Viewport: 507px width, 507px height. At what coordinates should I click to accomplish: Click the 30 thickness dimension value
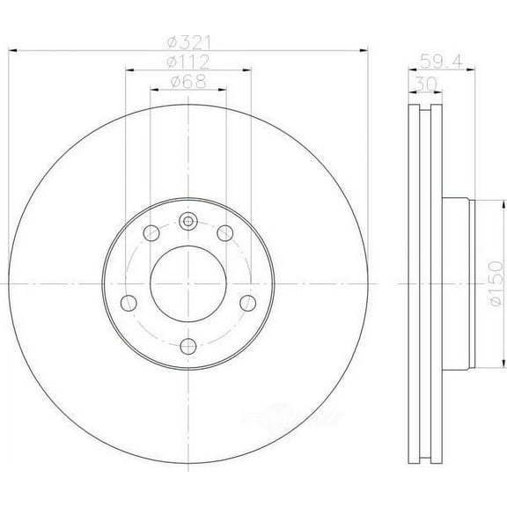coord(423,83)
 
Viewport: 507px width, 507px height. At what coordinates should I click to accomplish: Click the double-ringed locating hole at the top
coord(188,221)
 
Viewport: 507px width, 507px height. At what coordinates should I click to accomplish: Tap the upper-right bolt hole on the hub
coord(224,232)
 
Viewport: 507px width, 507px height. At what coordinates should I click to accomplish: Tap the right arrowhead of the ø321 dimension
coord(360,49)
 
